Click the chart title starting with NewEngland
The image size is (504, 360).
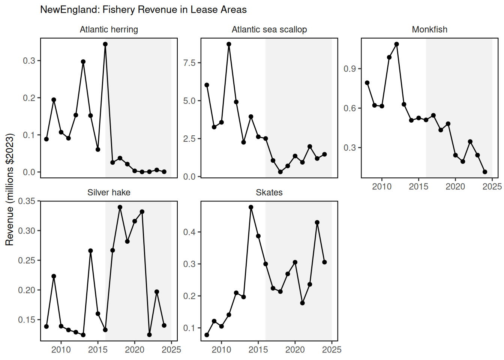(143, 10)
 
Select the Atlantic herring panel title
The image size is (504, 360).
(109, 30)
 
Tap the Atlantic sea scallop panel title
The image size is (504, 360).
(269, 30)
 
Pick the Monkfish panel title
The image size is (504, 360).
(429, 30)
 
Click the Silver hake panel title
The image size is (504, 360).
(109, 192)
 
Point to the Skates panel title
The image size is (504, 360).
(269, 192)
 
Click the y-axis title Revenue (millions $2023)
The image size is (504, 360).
(10, 189)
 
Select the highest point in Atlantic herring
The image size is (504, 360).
(105, 44)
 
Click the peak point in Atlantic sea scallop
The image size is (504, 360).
(229, 44)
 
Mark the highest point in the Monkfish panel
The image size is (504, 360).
(396, 44)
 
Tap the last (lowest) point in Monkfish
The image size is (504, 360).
(485, 172)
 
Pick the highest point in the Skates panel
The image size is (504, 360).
(251, 207)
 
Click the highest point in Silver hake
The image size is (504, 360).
(120, 207)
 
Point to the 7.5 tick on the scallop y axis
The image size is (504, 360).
(189, 63)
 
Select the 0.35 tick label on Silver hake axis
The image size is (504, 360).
(27, 201)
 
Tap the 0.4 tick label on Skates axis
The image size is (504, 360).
(189, 232)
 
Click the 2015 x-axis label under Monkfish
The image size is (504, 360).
(418, 187)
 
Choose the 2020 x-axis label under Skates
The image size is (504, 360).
(295, 350)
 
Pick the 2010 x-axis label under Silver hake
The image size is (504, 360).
(61, 350)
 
